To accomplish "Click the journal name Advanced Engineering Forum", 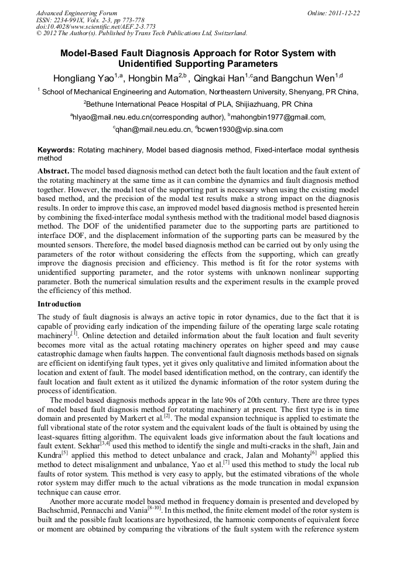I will [77, 13].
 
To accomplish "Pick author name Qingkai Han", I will [220, 78].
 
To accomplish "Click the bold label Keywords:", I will [56, 151].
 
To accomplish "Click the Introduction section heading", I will [59, 304].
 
